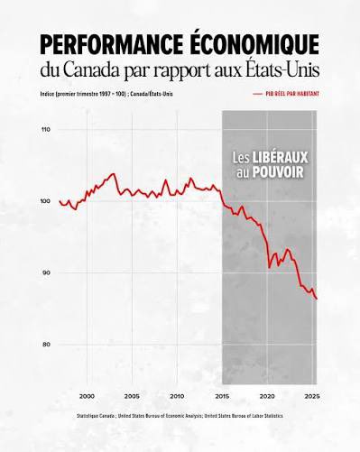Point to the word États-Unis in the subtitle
[278, 70]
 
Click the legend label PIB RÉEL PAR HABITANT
[291, 94]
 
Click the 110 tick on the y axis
[46, 130]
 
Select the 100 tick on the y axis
[46, 201]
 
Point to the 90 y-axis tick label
[47, 272]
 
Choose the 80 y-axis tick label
[47, 345]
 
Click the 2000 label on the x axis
[87, 396]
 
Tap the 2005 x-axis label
[132, 396]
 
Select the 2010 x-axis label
[177, 396]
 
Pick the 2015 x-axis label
[222, 396]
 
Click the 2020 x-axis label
[267, 396]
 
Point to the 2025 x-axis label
[311, 396]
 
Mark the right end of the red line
[317, 299]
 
